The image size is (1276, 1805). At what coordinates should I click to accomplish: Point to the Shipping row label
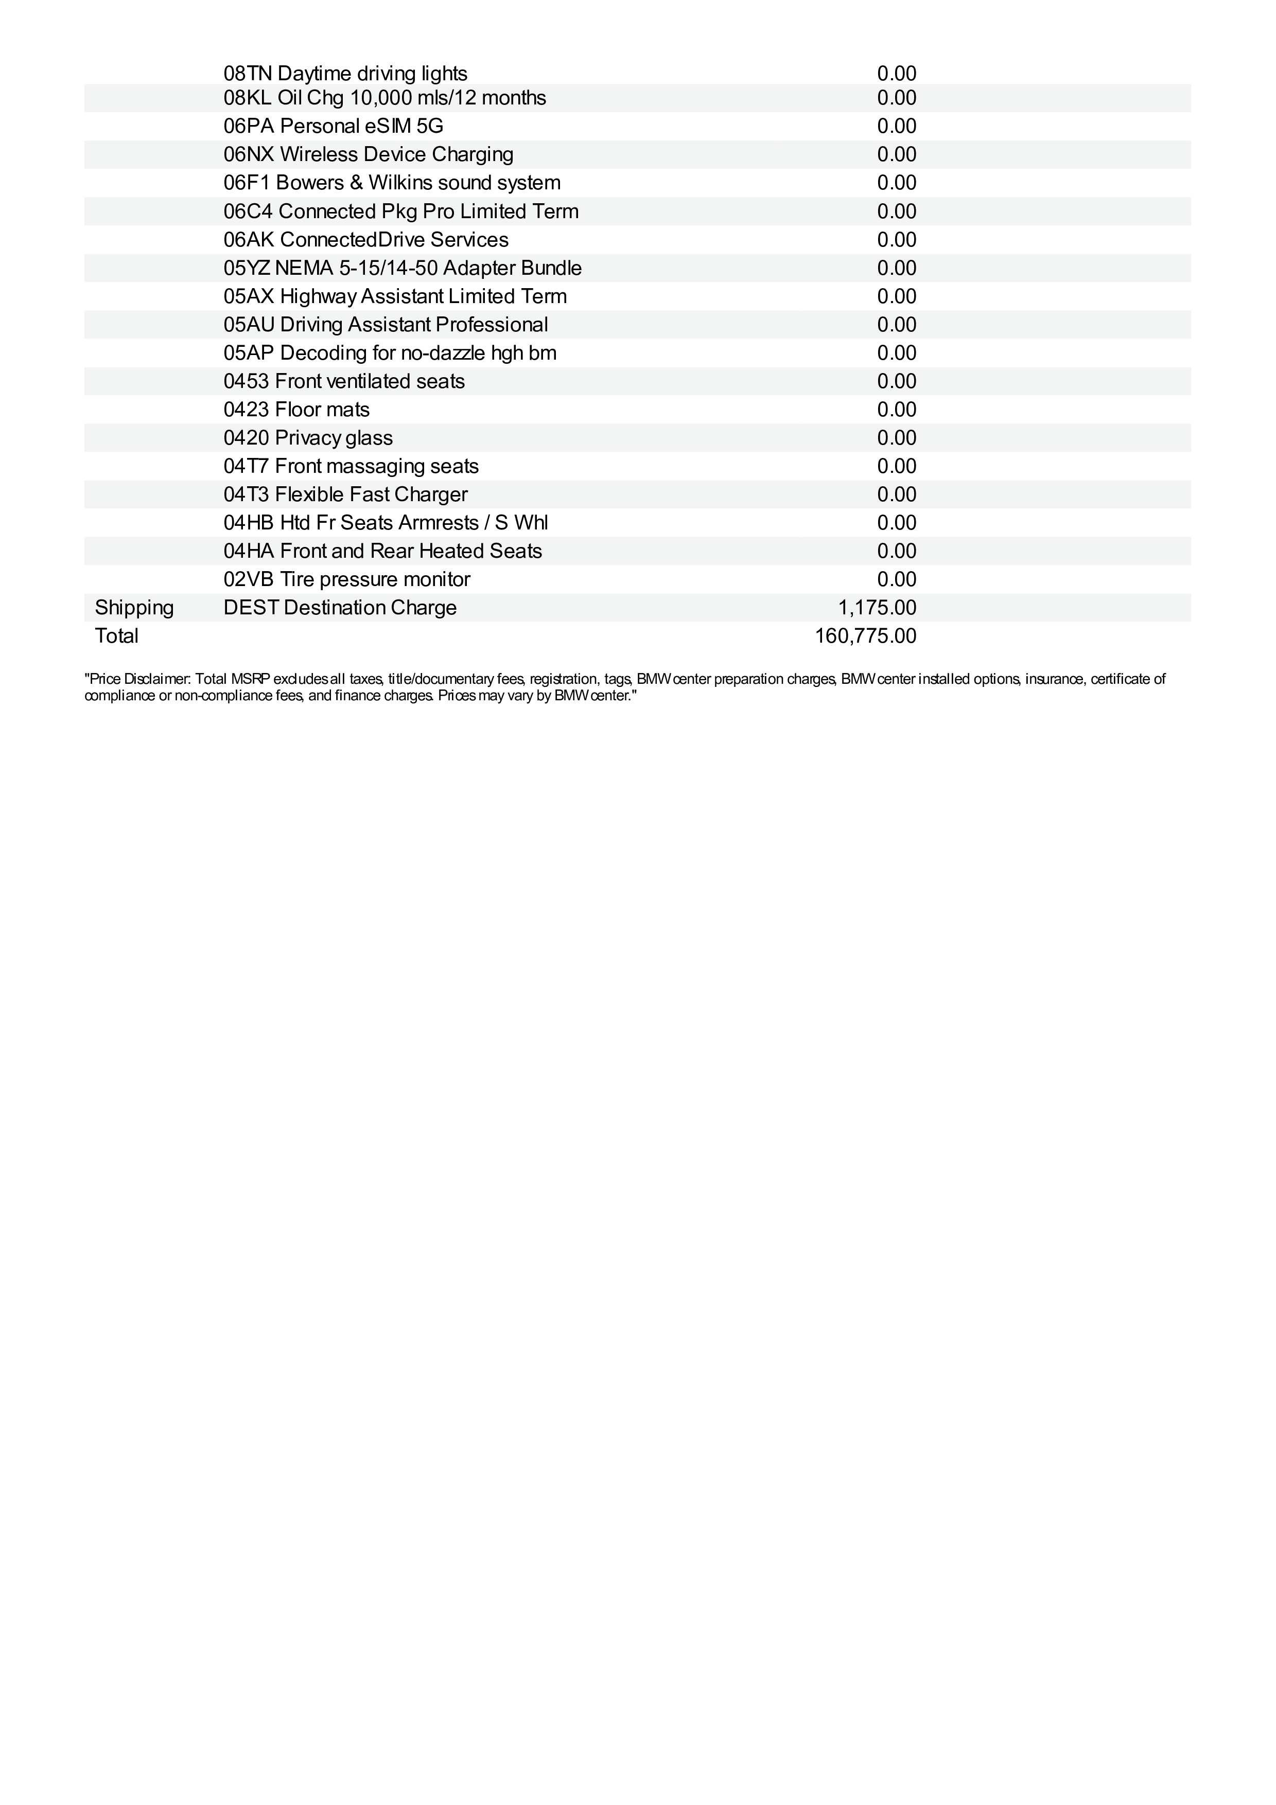[134, 608]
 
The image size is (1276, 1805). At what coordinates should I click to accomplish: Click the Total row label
[116, 636]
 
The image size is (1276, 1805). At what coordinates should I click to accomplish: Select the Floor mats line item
[296, 410]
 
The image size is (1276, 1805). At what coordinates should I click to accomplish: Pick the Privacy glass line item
[308, 438]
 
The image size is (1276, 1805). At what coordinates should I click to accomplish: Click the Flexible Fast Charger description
[371, 494]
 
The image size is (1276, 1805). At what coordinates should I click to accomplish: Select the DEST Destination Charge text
[340, 608]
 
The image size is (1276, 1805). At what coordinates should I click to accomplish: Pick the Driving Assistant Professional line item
[385, 325]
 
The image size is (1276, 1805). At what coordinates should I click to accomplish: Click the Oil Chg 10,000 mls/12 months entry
[384, 98]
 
